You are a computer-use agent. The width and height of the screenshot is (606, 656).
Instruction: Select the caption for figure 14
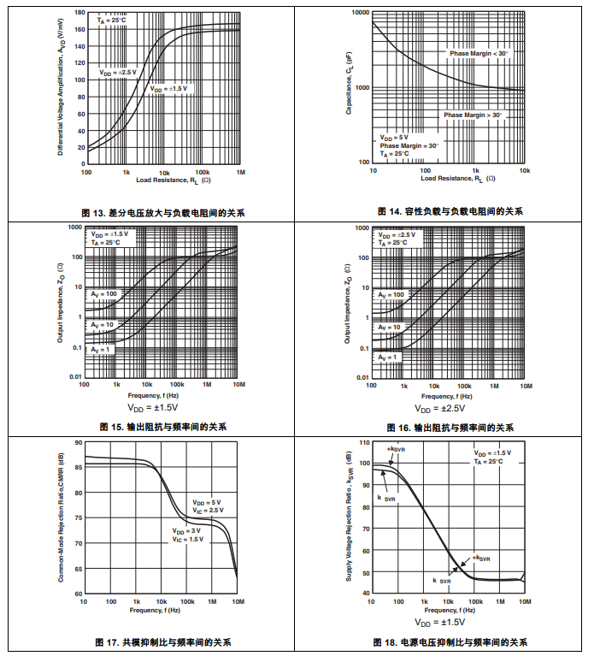[x=450, y=211]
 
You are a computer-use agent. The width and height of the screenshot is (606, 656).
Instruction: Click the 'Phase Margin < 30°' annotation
[x=479, y=53]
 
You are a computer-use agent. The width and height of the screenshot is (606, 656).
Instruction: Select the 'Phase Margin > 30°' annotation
[x=473, y=115]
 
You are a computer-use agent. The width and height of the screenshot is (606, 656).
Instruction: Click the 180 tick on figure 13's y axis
[x=79, y=14]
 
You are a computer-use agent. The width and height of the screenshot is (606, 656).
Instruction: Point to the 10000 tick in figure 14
[x=358, y=14]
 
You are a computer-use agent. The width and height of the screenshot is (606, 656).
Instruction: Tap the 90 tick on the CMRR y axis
[x=78, y=443]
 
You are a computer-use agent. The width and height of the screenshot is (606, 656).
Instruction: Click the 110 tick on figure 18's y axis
[x=363, y=443]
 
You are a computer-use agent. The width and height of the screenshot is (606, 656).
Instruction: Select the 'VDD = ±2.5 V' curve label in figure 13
[x=117, y=73]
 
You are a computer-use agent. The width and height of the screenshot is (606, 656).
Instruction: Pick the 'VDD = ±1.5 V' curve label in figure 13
[x=168, y=88]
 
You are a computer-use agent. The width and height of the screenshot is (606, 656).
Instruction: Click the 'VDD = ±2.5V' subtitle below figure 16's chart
[x=450, y=408]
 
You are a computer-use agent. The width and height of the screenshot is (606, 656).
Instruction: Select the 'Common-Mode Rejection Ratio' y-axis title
[x=61, y=517]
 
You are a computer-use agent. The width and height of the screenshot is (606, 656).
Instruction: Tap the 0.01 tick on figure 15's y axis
[x=74, y=377]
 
